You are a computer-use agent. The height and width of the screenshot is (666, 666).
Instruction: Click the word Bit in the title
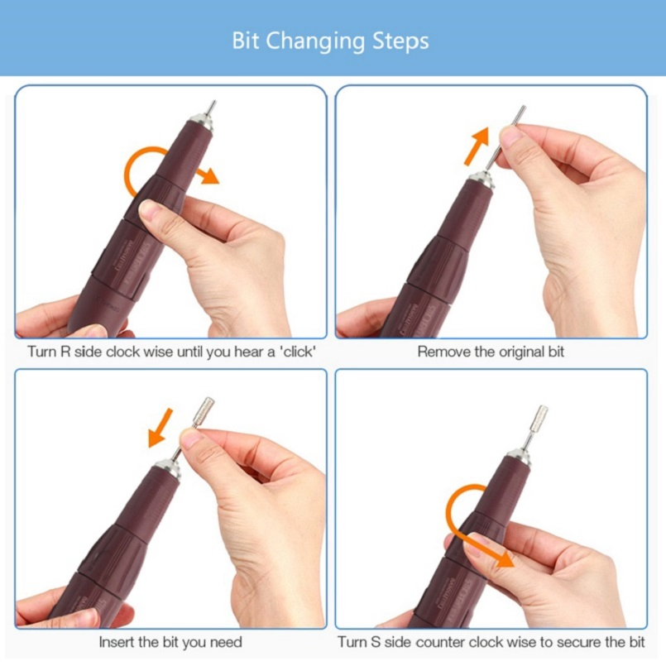(x=246, y=41)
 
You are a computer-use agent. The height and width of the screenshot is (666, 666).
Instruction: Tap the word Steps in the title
(x=400, y=42)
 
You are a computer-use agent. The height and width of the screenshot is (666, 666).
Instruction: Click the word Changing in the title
(x=315, y=42)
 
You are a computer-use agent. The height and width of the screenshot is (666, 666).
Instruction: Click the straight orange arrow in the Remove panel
(x=477, y=146)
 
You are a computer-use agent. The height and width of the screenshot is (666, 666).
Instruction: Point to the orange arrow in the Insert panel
(x=161, y=429)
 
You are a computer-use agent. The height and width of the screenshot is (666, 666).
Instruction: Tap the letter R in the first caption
(x=65, y=352)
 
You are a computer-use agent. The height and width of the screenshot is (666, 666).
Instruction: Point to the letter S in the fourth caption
(x=376, y=642)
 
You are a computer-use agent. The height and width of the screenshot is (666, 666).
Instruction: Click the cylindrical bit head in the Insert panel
(x=204, y=409)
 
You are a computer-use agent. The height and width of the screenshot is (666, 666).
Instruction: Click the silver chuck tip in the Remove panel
(x=482, y=180)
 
